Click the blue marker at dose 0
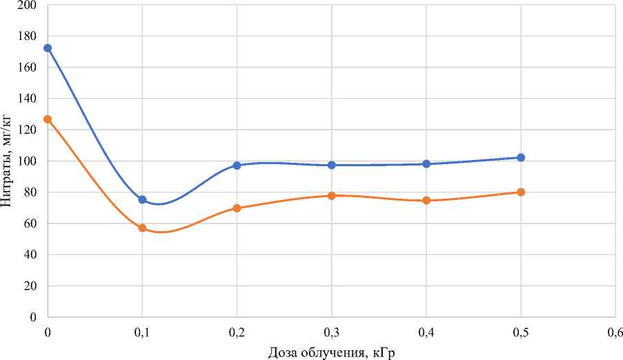[x=48, y=48]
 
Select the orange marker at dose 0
[x=48, y=119]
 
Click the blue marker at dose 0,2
[x=237, y=166]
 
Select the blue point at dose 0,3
[x=332, y=166]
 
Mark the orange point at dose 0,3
[x=332, y=196]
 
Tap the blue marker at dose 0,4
[x=426, y=164]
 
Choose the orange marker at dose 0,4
[x=426, y=201]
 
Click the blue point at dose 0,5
[x=521, y=158]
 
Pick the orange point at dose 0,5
[x=521, y=192]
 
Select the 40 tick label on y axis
[x=32, y=254]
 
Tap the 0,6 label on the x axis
[x=615, y=332]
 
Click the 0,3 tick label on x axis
[x=332, y=332]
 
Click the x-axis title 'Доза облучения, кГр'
[x=332, y=352]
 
